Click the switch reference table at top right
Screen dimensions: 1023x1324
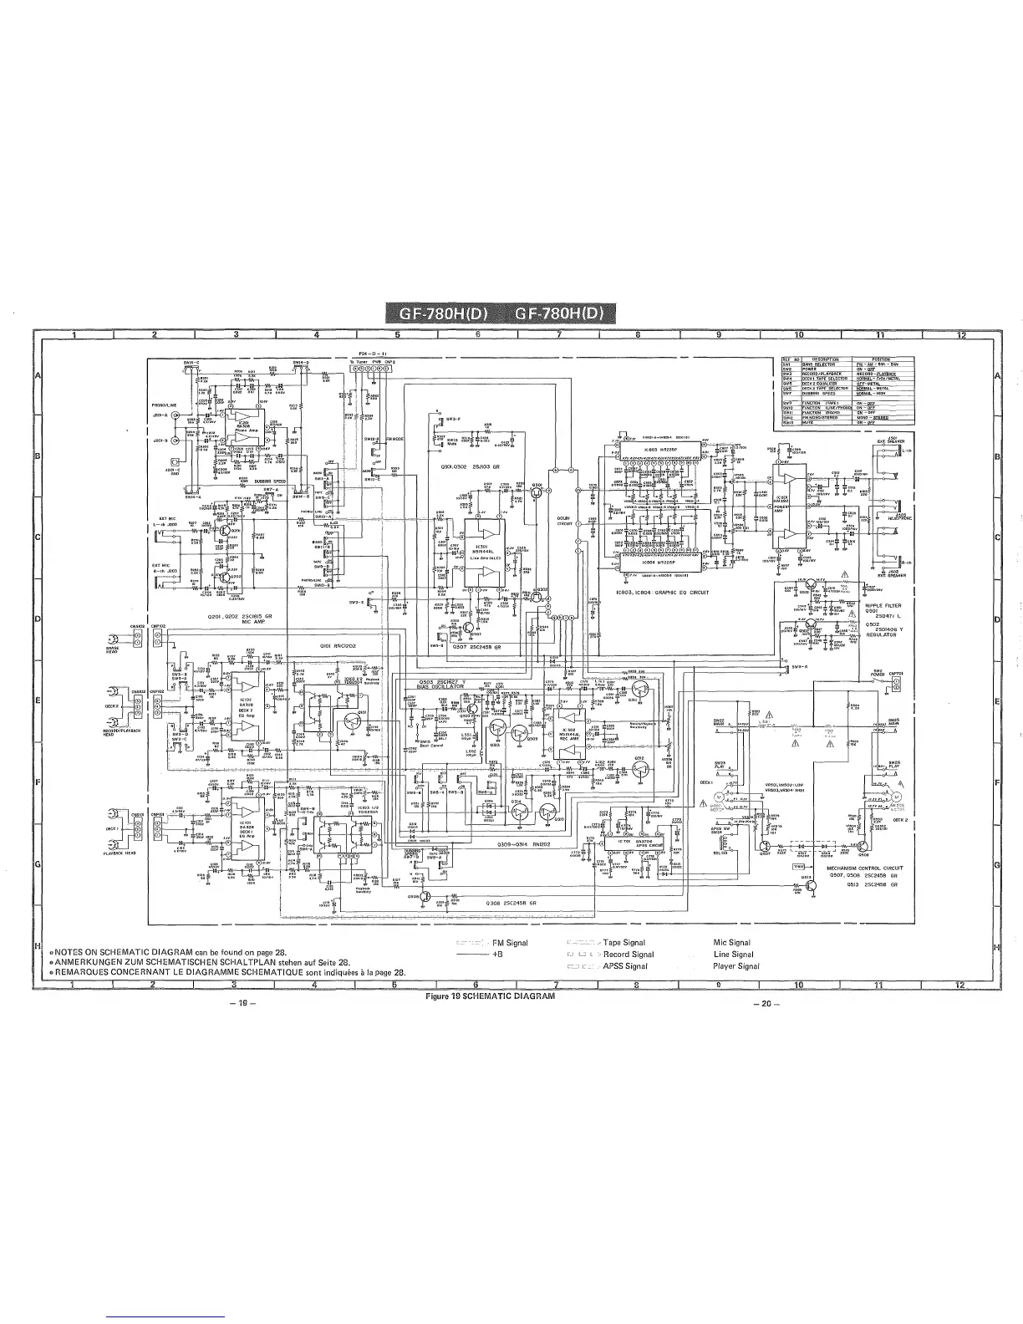844,390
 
